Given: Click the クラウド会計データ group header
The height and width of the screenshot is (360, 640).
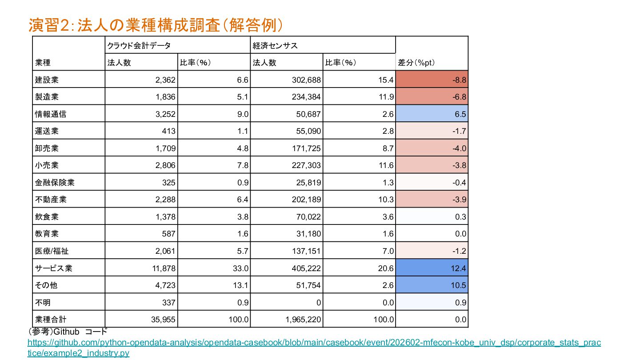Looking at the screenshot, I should pos(139,45).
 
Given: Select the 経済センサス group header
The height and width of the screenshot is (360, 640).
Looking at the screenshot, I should pos(275,45).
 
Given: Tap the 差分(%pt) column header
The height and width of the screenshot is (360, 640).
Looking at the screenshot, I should pos(416,63).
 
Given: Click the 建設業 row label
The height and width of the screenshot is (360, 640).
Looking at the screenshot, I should pos(47,80).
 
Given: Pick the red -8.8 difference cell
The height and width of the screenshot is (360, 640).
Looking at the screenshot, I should pos(432,80).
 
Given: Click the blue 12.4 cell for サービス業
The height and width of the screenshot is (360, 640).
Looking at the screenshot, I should pos(432,268).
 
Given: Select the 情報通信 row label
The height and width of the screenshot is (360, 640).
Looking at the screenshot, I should pos(51,114).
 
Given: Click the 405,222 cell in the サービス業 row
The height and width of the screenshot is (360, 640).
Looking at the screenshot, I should pos(306,268).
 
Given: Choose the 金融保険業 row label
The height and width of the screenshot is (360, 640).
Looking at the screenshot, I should pos(55,183).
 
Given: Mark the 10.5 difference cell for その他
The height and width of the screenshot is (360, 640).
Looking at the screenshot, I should pos(432,285).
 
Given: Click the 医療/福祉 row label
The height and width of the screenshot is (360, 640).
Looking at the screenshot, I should pos(52,251).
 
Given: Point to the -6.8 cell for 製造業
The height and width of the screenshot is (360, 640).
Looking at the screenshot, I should pos(432,97).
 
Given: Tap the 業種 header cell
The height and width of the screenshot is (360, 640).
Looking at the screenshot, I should pos(43,63).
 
